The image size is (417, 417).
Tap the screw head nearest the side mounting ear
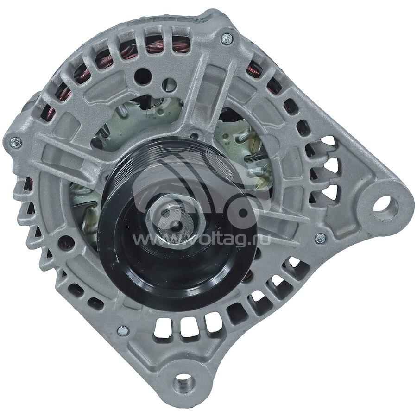tap(320, 238)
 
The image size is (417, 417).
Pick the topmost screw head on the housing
tap(227, 39)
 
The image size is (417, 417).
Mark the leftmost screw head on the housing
tap(16, 143)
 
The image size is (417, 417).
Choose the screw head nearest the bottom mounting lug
tap(123, 330)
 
